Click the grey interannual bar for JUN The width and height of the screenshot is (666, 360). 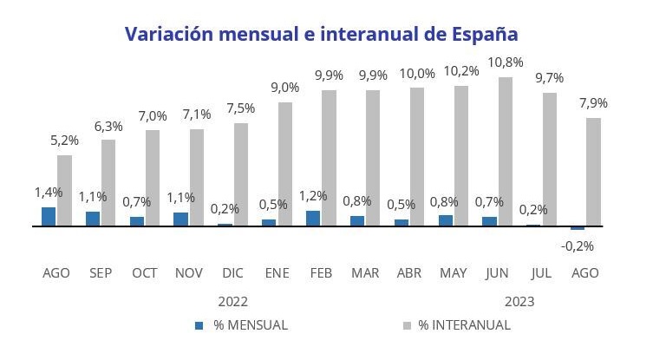click(x=506, y=152)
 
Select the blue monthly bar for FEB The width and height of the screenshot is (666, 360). click(x=313, y=218)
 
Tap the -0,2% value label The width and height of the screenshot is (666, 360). click(x=577, y=245)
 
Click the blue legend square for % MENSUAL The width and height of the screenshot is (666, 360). click(x=199, y=325)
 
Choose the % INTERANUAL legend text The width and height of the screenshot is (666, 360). click(x=465, y=325)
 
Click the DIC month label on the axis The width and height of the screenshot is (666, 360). click(x=232, y=273)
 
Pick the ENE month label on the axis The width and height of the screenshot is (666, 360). click(x=277, y=273)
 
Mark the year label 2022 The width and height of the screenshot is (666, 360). click(x=232, y=302)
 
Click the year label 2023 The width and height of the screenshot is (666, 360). click(x=519, y=302)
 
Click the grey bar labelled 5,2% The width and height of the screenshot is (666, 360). click(x=65, y=191)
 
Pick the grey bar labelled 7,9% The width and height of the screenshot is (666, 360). click(x=594, y=172)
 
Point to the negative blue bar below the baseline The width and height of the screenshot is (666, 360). click(x=578, y=228)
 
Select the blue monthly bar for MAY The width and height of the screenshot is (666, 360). click(x=446, y=220)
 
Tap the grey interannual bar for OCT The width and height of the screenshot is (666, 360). click(x=153, y=178)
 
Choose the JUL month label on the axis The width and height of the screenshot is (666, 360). click(x=541, y=273)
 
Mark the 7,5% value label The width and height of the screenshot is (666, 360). click(x=241, y=108)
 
